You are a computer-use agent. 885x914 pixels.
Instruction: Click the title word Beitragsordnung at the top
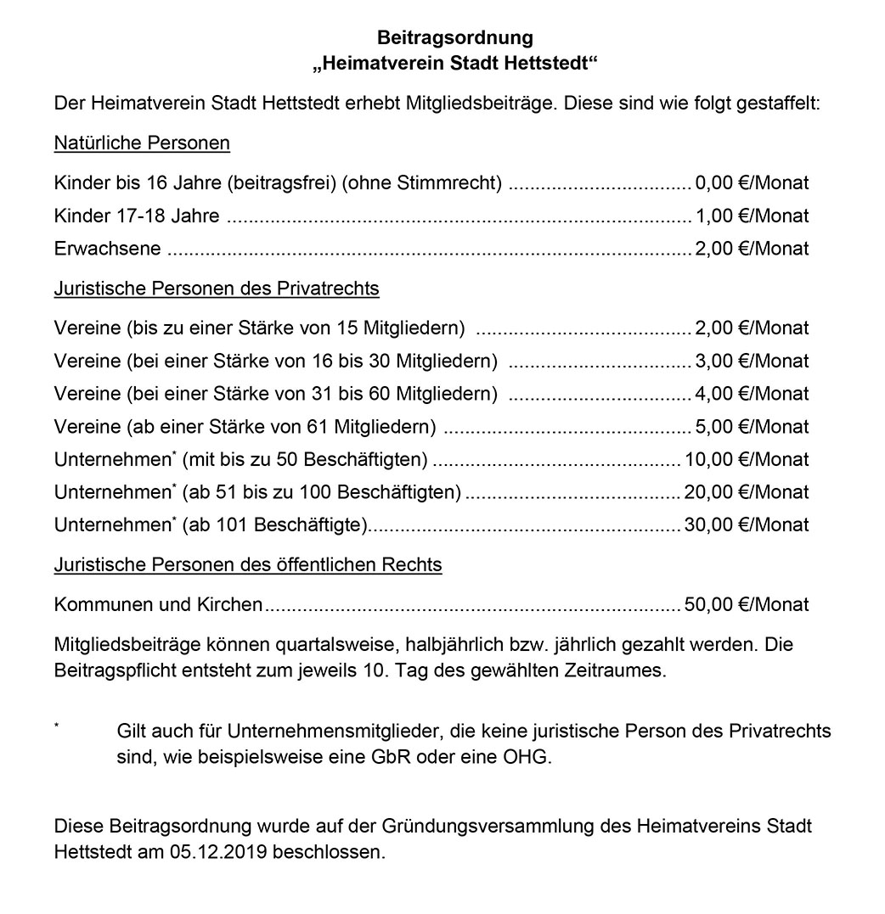point(454,38)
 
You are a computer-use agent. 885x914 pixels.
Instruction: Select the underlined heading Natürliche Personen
point(142,143)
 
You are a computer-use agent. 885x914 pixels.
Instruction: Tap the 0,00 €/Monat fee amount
point(752,182)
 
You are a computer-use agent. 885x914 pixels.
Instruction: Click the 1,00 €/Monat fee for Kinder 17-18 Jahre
point(752,216)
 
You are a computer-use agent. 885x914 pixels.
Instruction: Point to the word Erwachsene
point(106,249)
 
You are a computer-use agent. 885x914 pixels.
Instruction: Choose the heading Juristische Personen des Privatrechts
point(217,289)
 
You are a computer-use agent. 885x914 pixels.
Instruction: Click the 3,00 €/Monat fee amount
point(752,361)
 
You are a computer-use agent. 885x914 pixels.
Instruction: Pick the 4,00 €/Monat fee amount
point(752,394)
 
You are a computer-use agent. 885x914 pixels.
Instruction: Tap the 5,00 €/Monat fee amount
point(752,427)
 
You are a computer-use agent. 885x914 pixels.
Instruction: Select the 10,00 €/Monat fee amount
point(747,460)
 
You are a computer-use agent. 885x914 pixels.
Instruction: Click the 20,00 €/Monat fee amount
point(747,492)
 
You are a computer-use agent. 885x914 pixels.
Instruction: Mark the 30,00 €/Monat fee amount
point(747,525)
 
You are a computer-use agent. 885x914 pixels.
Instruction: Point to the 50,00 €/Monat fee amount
point(747,605)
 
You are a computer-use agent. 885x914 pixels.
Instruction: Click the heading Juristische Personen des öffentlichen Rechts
point(248,564)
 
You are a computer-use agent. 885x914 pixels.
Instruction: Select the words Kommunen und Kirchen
point(158,605)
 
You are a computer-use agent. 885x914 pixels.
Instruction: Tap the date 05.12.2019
point(232,850)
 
